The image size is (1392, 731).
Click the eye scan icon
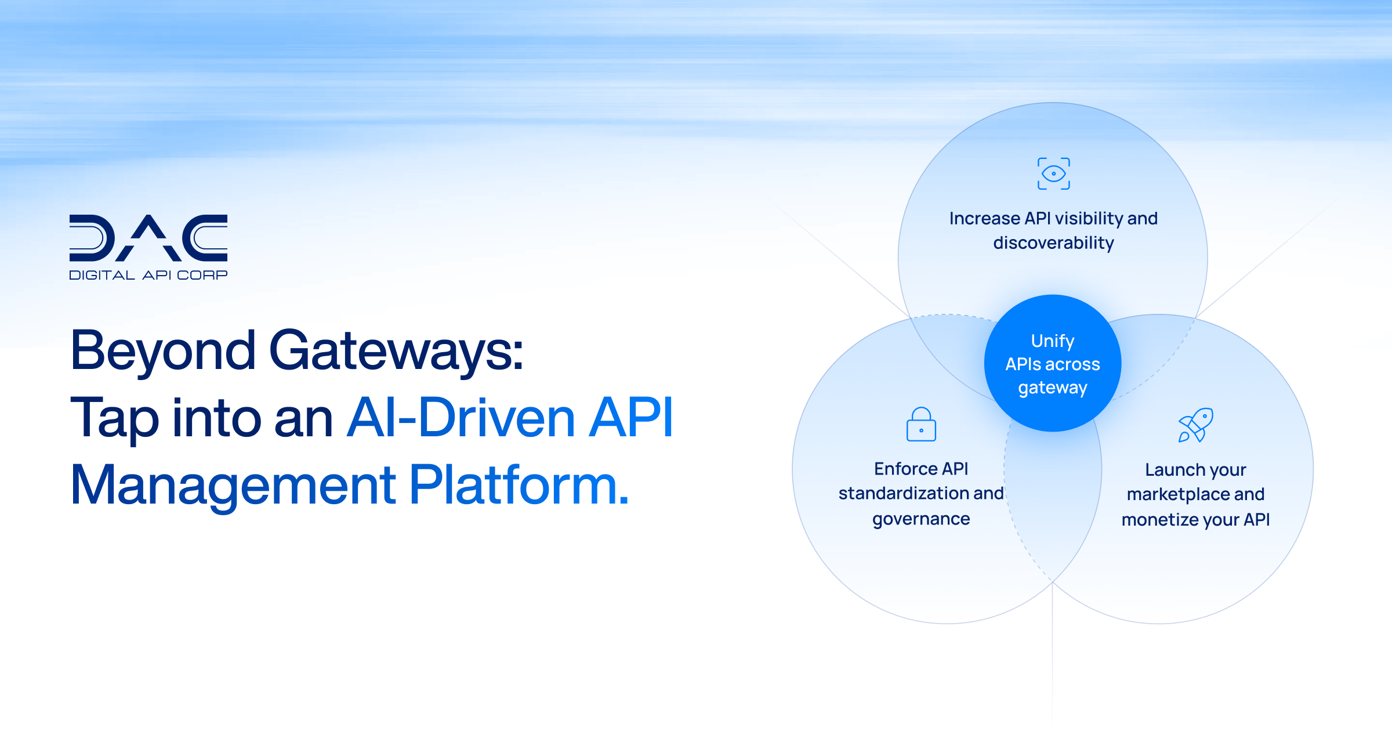1053,173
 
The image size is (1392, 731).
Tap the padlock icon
921,425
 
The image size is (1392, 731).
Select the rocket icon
1195,425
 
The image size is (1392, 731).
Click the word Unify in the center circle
1053,341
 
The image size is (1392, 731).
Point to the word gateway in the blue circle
1053,388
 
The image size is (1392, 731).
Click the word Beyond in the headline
163,350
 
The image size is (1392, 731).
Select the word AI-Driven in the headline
461,418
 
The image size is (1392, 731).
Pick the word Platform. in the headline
519,485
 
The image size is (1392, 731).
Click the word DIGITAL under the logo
102,275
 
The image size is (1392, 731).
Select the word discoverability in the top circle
1053,243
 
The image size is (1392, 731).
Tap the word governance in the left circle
921,519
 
